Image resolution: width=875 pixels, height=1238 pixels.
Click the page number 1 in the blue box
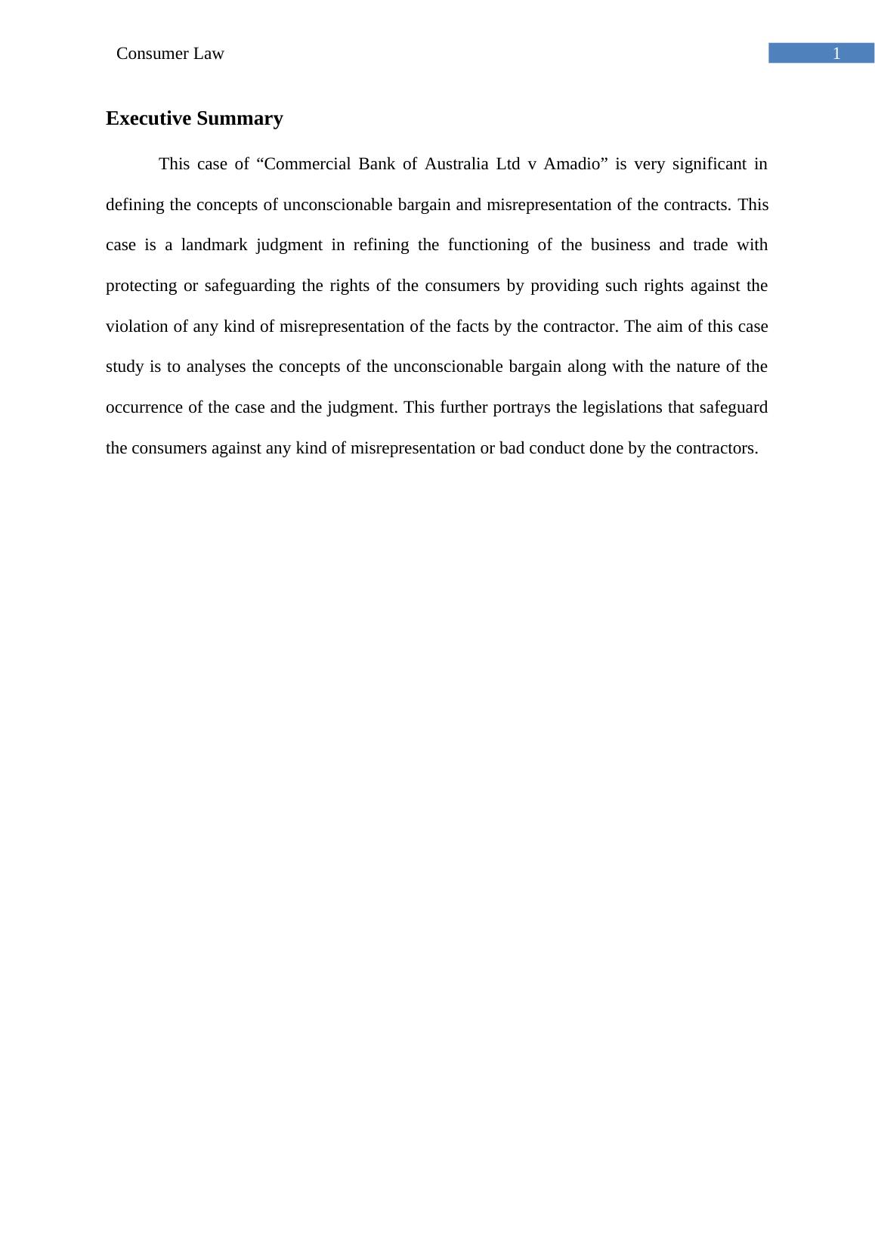tap(836, 54)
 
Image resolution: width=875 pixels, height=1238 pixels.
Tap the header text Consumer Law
tap(170, 54)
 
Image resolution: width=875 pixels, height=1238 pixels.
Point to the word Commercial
tap(306, 164)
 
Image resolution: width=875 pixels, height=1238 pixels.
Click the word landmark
tap(214, 245)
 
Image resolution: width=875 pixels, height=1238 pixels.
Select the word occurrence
tap(144, 407)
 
